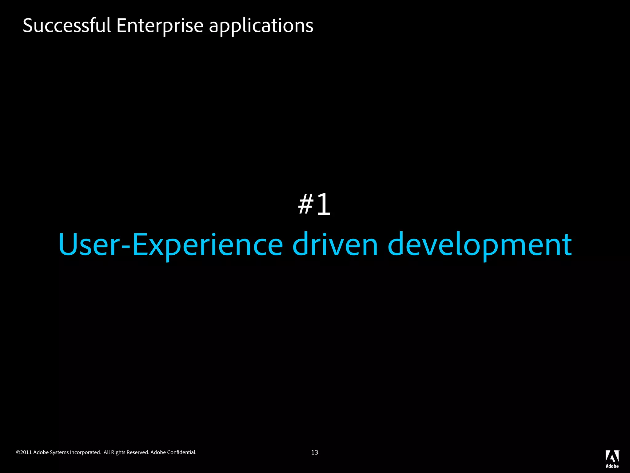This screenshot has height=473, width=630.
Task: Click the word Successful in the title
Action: (66, 25)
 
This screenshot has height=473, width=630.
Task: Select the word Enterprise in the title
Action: (160, 25)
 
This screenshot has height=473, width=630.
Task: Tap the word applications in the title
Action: (261, 25)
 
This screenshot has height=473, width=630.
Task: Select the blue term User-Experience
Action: (170, 245)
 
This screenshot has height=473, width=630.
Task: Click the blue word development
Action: (480, 245)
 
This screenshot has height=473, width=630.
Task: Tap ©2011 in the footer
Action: (24, 452)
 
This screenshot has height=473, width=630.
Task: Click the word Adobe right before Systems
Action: (41, 452)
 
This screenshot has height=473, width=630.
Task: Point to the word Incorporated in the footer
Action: (85, 452)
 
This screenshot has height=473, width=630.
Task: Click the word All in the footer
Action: (107, 452)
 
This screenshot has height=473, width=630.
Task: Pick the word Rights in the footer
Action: (118, 452)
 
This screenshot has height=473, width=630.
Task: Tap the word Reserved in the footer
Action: (138, 452)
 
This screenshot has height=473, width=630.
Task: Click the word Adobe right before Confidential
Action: (158, 452)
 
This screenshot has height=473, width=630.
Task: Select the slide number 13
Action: (314, 452)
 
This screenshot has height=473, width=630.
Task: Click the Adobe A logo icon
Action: (612, 456)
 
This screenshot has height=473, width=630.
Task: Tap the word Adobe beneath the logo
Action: (612, 466)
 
